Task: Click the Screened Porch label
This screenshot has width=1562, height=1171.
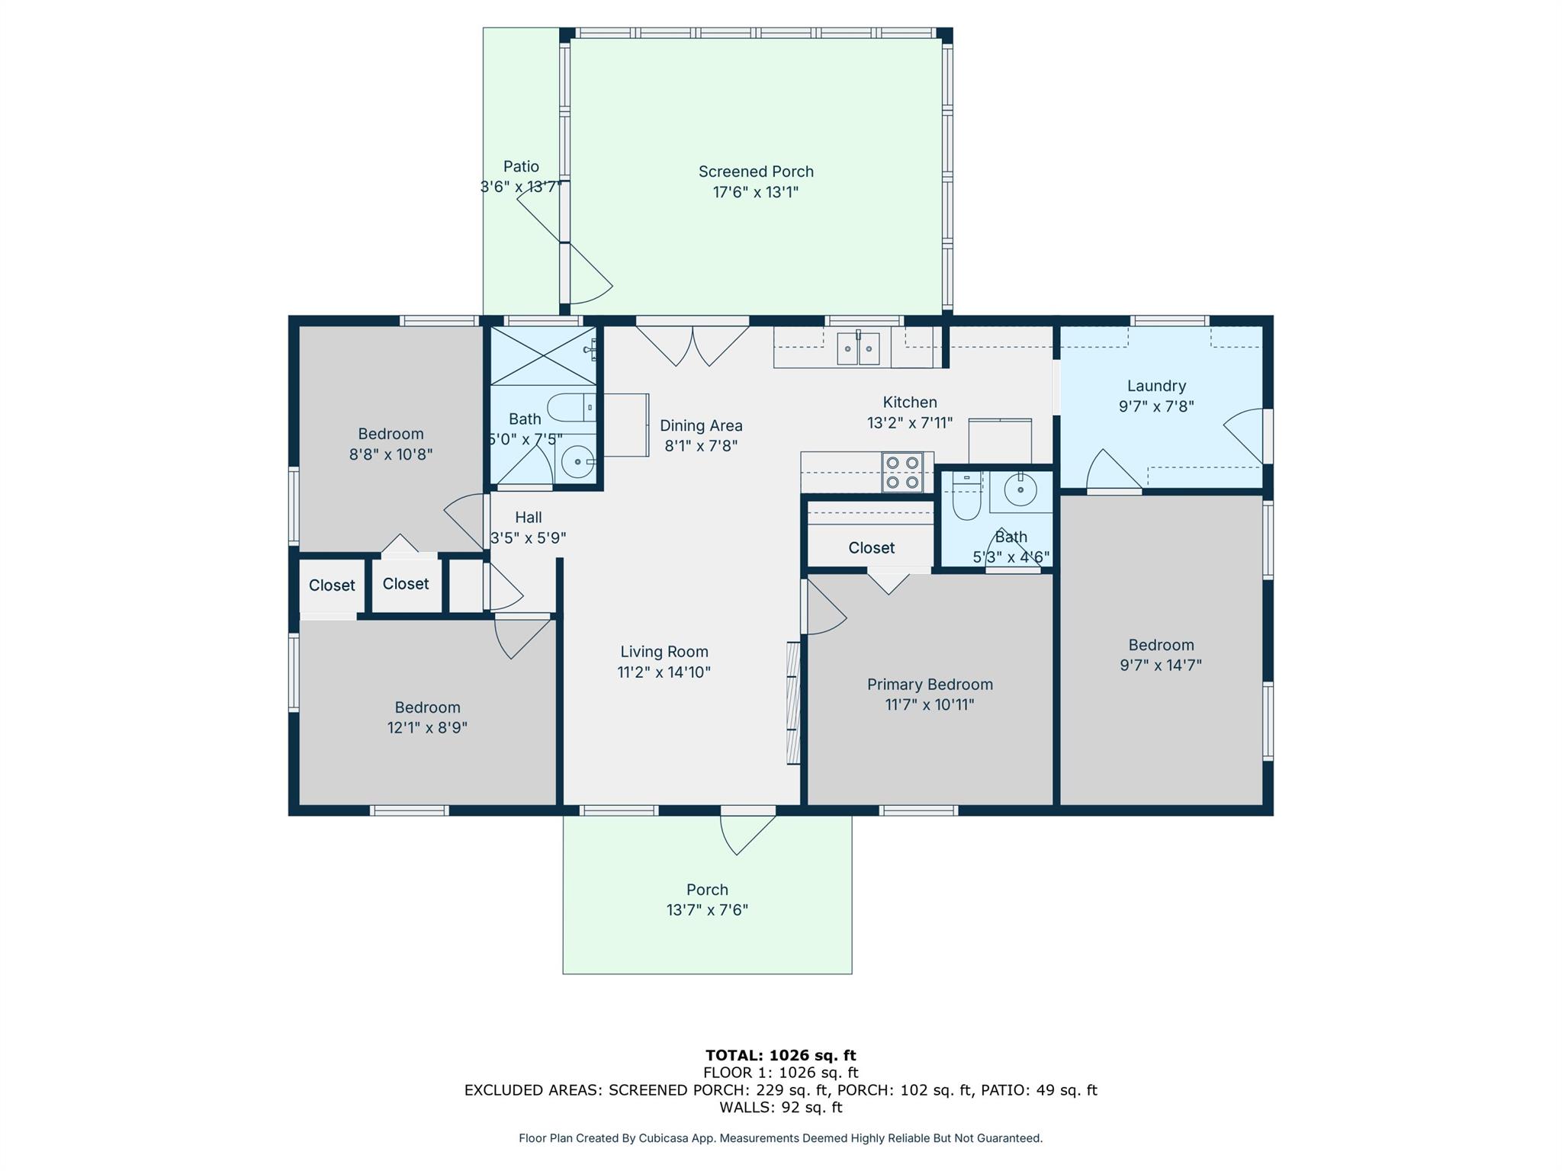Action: click(756, 172)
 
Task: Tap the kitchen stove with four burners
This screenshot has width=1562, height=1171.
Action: click(902, 473)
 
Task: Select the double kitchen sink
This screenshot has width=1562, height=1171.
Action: click(858, 348)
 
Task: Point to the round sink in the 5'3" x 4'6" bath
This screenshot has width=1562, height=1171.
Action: click(1020, 490)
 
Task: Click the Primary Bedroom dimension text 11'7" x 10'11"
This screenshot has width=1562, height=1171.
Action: click(930, 704)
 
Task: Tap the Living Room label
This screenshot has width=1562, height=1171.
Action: click(664, 652)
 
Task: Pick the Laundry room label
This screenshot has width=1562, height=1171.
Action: click(1156, 386)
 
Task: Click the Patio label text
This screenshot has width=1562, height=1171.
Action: click(521, 166)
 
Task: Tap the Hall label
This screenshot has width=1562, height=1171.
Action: click(528, 518)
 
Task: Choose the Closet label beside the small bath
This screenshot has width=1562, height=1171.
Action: click(871, 548)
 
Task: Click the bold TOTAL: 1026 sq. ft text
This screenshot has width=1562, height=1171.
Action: click(780, 1055)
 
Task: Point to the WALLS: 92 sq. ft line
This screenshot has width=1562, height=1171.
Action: click(780, 1107)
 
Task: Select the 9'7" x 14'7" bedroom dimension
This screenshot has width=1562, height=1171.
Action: click(1160, 665)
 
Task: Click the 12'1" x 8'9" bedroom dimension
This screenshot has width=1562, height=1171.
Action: click(427, 727)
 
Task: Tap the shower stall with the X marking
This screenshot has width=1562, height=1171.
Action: click(542, 356)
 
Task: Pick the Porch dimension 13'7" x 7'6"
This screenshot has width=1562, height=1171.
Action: click(707, 910)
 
